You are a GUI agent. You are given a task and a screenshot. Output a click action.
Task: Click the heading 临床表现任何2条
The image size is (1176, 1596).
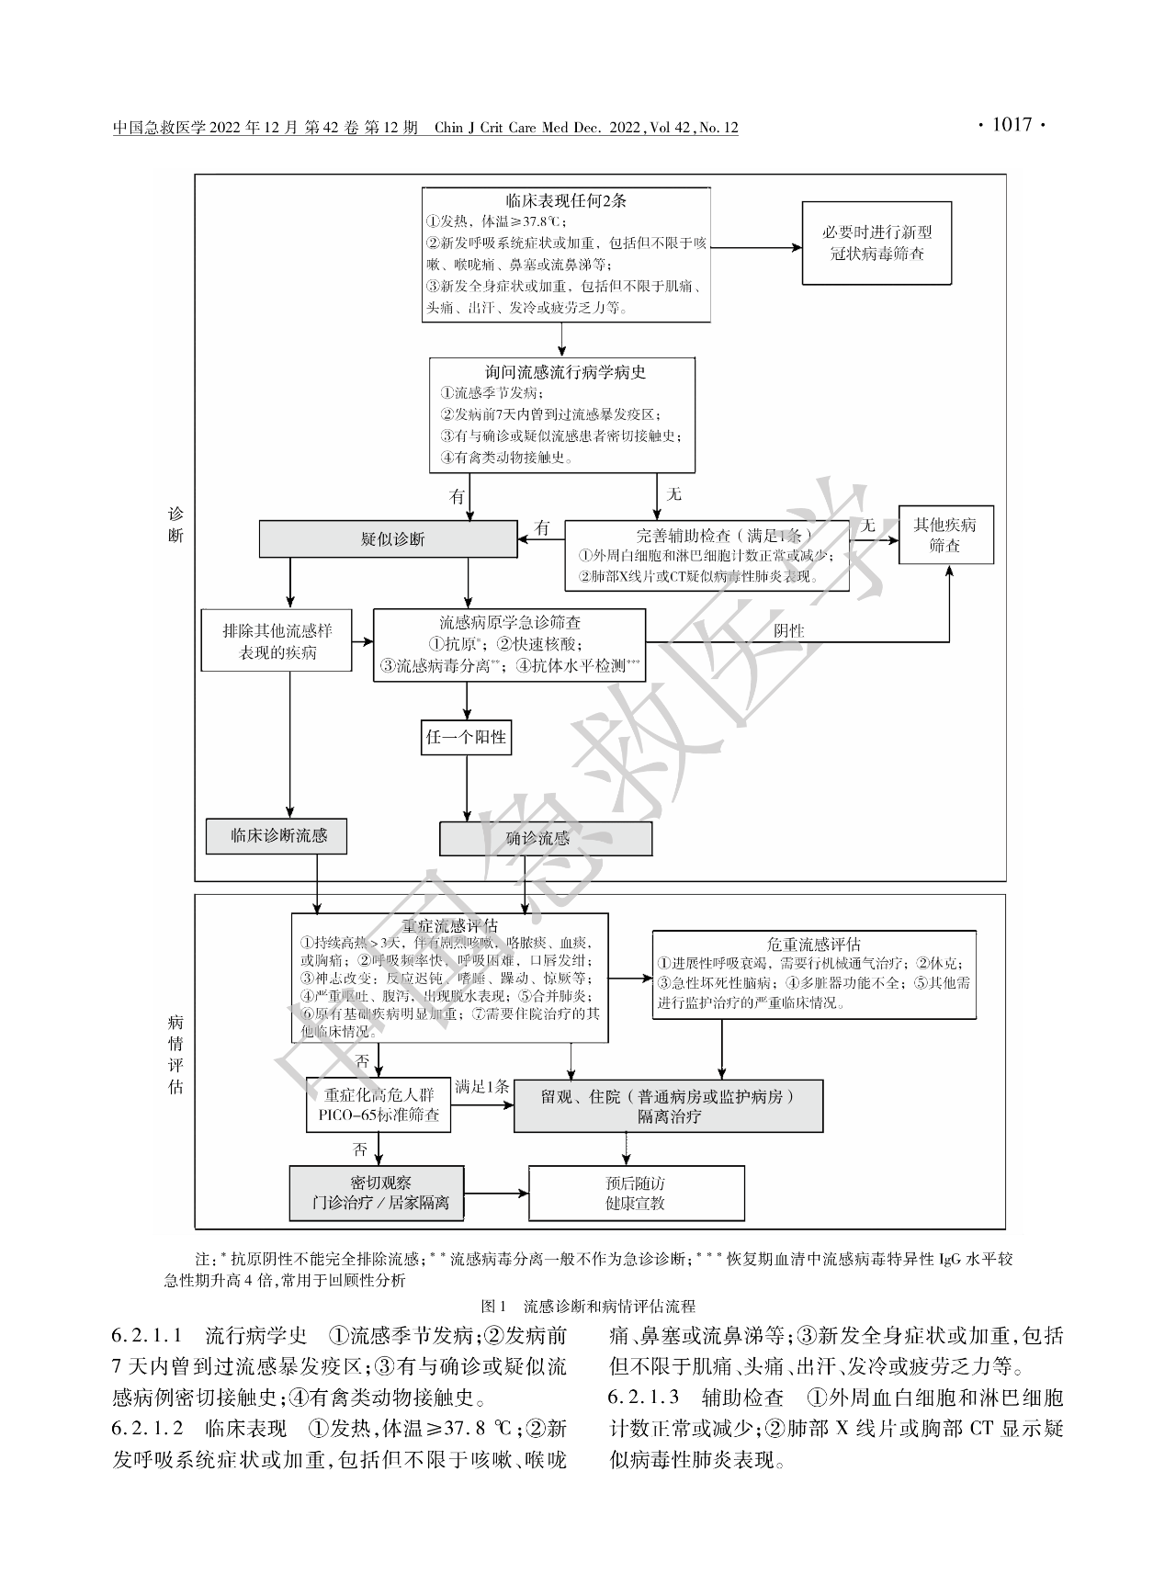pyautogui.click(x=566, y=200)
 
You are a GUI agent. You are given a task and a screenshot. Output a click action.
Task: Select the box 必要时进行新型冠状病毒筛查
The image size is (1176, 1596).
pyautogui.click(x=876, y=243)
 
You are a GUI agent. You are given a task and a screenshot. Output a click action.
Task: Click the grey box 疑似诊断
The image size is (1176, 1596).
pyautogui.click(x=389, y=539)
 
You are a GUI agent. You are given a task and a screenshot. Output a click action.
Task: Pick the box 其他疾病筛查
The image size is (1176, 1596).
pyautogui.click(x=944, y=535)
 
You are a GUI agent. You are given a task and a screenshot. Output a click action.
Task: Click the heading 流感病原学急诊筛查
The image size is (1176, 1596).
pyautogui.click(x=509, y=623)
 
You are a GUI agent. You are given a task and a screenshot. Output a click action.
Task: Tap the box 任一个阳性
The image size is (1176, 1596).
pyautogui.click(x=467, y=737)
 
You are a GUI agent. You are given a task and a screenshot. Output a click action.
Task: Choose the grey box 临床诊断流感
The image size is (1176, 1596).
pyautogui.click(x=277, y=836)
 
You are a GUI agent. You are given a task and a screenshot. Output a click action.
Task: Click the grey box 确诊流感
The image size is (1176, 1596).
pyautogui.click(x=545, y=838)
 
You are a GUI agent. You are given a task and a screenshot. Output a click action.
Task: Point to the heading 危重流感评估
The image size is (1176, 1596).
pyautogui.click(x=813, y=944)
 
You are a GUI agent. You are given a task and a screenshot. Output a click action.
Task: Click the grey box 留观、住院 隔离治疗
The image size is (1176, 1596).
pyautogui.click(x=668, y=1105)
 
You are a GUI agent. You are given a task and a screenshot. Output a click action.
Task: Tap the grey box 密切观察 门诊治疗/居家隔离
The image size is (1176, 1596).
pyautogui.click(x=377, y=1193)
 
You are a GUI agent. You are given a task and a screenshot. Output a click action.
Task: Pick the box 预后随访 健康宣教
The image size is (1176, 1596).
pyautogui.click(x=636, y=1193)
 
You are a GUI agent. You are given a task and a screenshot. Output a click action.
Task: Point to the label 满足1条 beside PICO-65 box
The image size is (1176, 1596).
pyautogui.click(x=481, y=1086)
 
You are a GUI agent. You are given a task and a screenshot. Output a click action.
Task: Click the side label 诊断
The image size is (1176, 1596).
pyautogui.click(x=175, y=524)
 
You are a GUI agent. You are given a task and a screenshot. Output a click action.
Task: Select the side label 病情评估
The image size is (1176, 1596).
pyautogui.click(x=175, y=1053)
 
